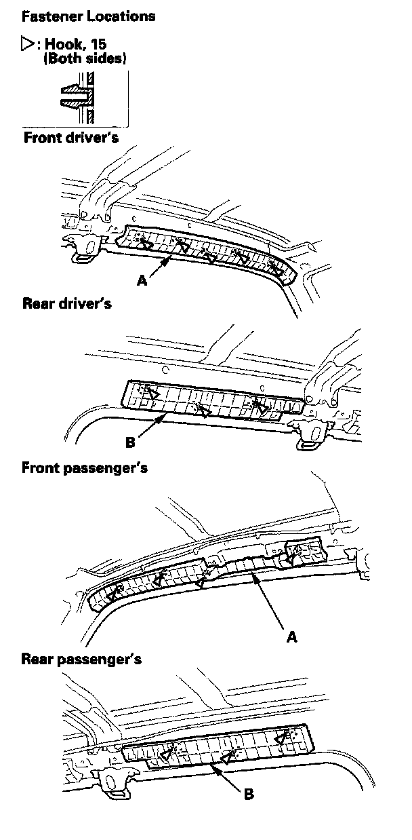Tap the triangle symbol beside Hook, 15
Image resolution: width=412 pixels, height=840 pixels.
(x=28, y=45)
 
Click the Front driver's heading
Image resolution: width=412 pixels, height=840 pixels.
(x=71, y=138)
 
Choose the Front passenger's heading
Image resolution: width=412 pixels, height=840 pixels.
(x=85, y=467)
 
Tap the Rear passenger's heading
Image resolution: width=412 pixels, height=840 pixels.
(x=81, y=659)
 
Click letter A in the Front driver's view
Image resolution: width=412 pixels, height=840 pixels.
(x=142, y=280)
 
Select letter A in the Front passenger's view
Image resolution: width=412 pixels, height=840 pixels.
(x=292, y=636)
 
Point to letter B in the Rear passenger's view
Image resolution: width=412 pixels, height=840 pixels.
(x=249, y=794)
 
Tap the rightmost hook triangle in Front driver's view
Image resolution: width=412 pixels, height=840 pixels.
(x=276, y=270)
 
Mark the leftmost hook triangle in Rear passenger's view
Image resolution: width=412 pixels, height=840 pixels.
(x=164, y=756)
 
